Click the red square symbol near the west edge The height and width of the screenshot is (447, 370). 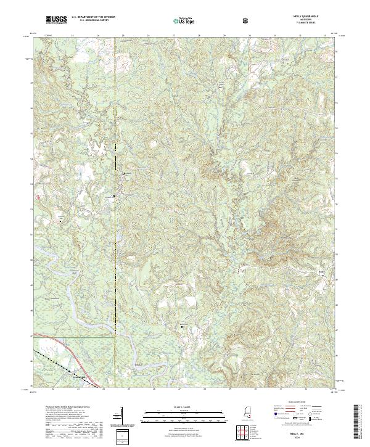38,197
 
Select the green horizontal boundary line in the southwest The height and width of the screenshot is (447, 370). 74,337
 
